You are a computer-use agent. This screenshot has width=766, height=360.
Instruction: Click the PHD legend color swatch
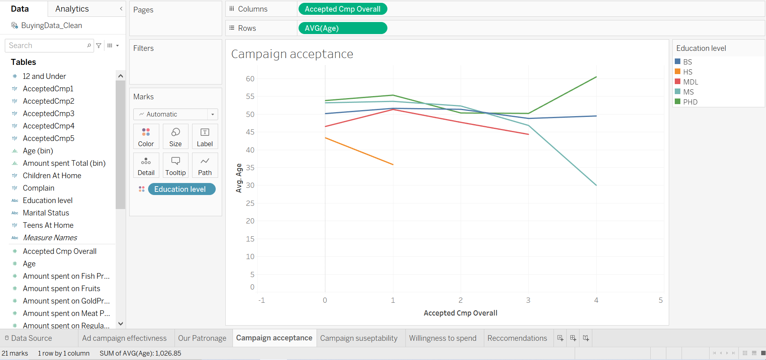pos(678,102)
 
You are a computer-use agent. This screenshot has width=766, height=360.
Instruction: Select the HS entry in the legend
pos(688,72)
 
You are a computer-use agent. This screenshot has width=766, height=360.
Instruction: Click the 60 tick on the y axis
pos(250,79)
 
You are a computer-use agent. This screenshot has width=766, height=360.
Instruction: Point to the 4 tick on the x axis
pos(596,300)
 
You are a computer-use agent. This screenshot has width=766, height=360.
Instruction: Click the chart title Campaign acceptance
pos(292,54)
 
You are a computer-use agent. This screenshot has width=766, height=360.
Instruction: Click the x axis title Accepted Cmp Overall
pos(460,313)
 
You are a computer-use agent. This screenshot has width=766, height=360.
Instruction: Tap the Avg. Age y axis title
pos(239,178)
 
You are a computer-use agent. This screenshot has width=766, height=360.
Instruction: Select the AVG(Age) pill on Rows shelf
pos(343,28)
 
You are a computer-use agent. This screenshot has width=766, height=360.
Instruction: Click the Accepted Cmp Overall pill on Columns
pos(343,9)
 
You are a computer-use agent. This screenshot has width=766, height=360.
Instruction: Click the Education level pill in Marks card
pos(181,189)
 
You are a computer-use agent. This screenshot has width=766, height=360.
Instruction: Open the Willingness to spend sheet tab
pos(443,338)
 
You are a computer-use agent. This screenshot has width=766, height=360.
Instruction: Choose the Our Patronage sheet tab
pos(202,338)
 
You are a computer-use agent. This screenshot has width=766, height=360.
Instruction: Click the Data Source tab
pos(31,338)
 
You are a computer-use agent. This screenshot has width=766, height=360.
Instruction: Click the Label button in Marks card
pos(205,137)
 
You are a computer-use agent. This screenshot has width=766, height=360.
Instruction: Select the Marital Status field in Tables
pos(46,213)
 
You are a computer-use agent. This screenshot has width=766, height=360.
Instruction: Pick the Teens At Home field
pos(48,225)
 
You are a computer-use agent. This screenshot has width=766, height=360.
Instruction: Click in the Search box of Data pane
pos(46,46)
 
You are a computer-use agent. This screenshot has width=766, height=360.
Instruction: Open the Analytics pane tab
pos(72,9)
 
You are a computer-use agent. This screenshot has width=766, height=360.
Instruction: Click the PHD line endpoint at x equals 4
pos(596,77)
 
